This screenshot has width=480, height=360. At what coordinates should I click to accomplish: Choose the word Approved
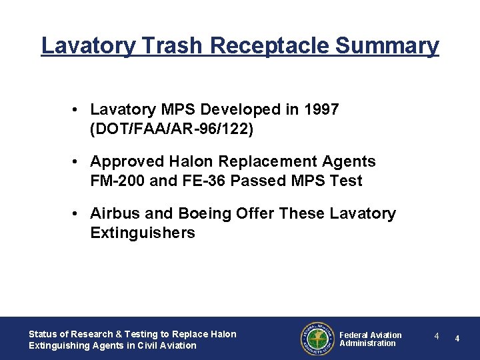pyautogui.click(x=127, y=161)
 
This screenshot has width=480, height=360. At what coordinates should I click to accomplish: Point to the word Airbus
pyautogui.click(x=115, y=213)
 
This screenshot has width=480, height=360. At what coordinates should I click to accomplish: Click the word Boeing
pyautogui.click(x=203, y=213)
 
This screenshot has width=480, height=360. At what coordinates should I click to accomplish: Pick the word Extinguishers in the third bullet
pyautogui.click(x=143, y=233)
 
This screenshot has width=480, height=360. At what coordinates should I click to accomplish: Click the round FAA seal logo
pyautogui.click(x=316, y=339)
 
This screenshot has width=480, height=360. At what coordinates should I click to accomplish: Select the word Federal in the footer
pyautogui.click(x=354, y=335)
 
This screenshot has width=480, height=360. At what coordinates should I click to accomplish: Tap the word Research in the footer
pyautogui.click(x=90, y=334)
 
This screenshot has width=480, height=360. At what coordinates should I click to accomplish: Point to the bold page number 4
pyautogui.click(x=457, y=339)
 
